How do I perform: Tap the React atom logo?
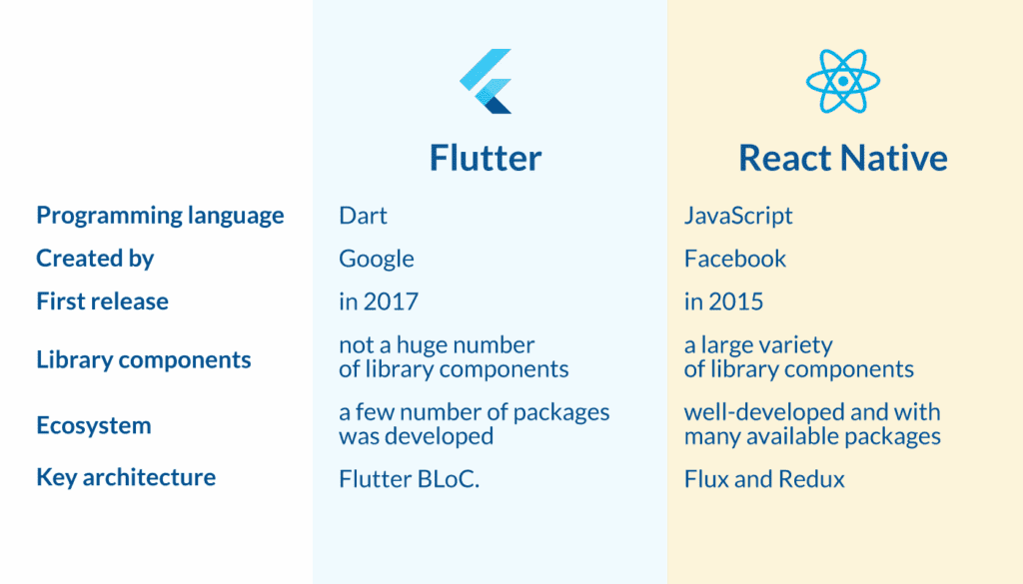pos(842,80)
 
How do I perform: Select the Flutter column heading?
pos(486,158)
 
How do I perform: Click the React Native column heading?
pos(842,158)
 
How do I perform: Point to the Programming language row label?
pos(160,215)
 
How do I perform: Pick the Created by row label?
pos(95,259)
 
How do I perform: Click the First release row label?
pos(102,301)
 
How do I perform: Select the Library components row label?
pos(143,359)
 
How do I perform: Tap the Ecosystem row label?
pos(93,425)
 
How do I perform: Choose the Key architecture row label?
pos(126,477)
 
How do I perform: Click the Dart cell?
pos(363,215)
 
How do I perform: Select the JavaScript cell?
pos(738,215)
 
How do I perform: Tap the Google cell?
pos(376,259)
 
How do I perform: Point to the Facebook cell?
pos(735,259)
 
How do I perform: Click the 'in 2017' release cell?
pos(378,301)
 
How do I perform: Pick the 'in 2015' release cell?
pos(723,301)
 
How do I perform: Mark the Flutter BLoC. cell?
pos(410,479)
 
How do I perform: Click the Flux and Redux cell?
pos(764,479)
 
